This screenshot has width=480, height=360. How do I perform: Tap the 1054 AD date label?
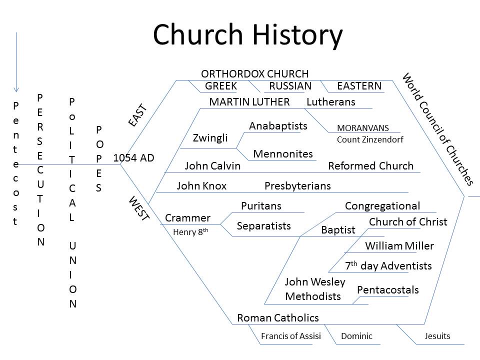pyautogui.click(x=134, y=158)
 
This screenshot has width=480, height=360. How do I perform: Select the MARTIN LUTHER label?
pyautogui.click(x=249, y=102)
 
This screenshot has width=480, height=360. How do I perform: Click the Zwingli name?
pyautogui.click(x=210, y=138)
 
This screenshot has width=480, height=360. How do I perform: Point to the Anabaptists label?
pyautogui.click(x=278, y=126)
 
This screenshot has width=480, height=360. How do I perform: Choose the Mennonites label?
pyautogui.click(x=283, y=153)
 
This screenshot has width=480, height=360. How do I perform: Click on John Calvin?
pyautogui.click(x=212, y=166)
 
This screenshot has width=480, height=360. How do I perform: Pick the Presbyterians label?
pyautogui.click(x=297, y=186)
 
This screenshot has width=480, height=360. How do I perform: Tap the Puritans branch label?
pyautogui.click(x=261, y=205)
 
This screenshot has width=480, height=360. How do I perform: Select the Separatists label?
pyautogui.click(x=263, y=226)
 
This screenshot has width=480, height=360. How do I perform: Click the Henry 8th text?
pyautogui.click(x=190, y=231)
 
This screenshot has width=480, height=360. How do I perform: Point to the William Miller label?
pyautogui.click(x=399, y=246)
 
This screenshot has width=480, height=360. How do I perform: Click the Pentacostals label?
pyautogui.click(x=388, y=290)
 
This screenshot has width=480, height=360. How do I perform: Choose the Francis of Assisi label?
pyautogui.click(x=291, y=336)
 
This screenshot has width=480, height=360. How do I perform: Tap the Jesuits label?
pyautogui.click(x=437, y=336)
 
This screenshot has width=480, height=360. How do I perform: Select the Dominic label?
pyautogui.click(x=356, y=336)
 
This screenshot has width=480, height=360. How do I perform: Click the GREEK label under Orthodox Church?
pyautogui.click(x=220, y=86)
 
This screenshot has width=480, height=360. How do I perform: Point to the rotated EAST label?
pyautogui.click(x=137, y=115)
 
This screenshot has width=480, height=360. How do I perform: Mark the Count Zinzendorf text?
pyautogui.click(x=370, y=139)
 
